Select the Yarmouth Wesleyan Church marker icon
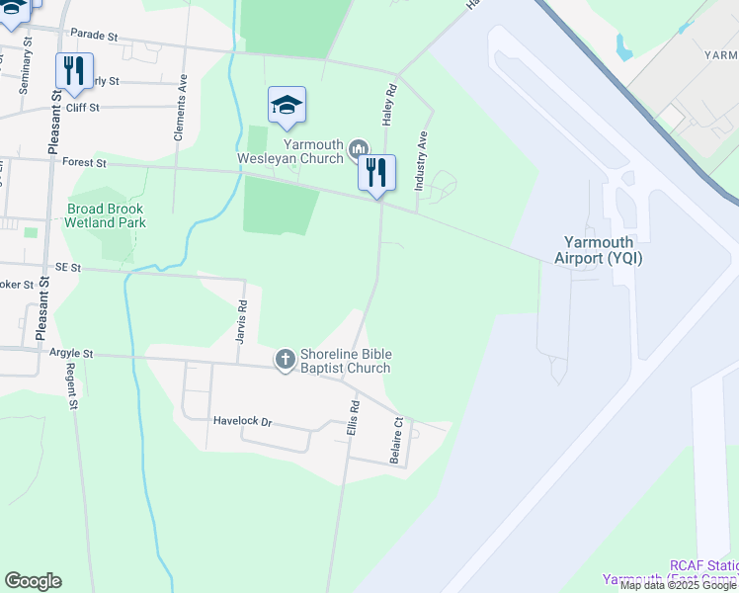pyautogui.click(x=357, y=149)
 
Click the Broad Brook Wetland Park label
pyautogui.click(x=106, y=215)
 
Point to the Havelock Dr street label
pyautogui.click(x=242, y=421)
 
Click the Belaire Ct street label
pyautogui.click(x=397, y=440)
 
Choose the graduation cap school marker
pyautogui.click(x=287, y=105)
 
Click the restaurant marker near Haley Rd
pyautogui.click(x=376, y=173)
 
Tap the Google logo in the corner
pyautogui.click(x=33, y=581)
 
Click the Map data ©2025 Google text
pyautogui.click(x=679, y=586)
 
